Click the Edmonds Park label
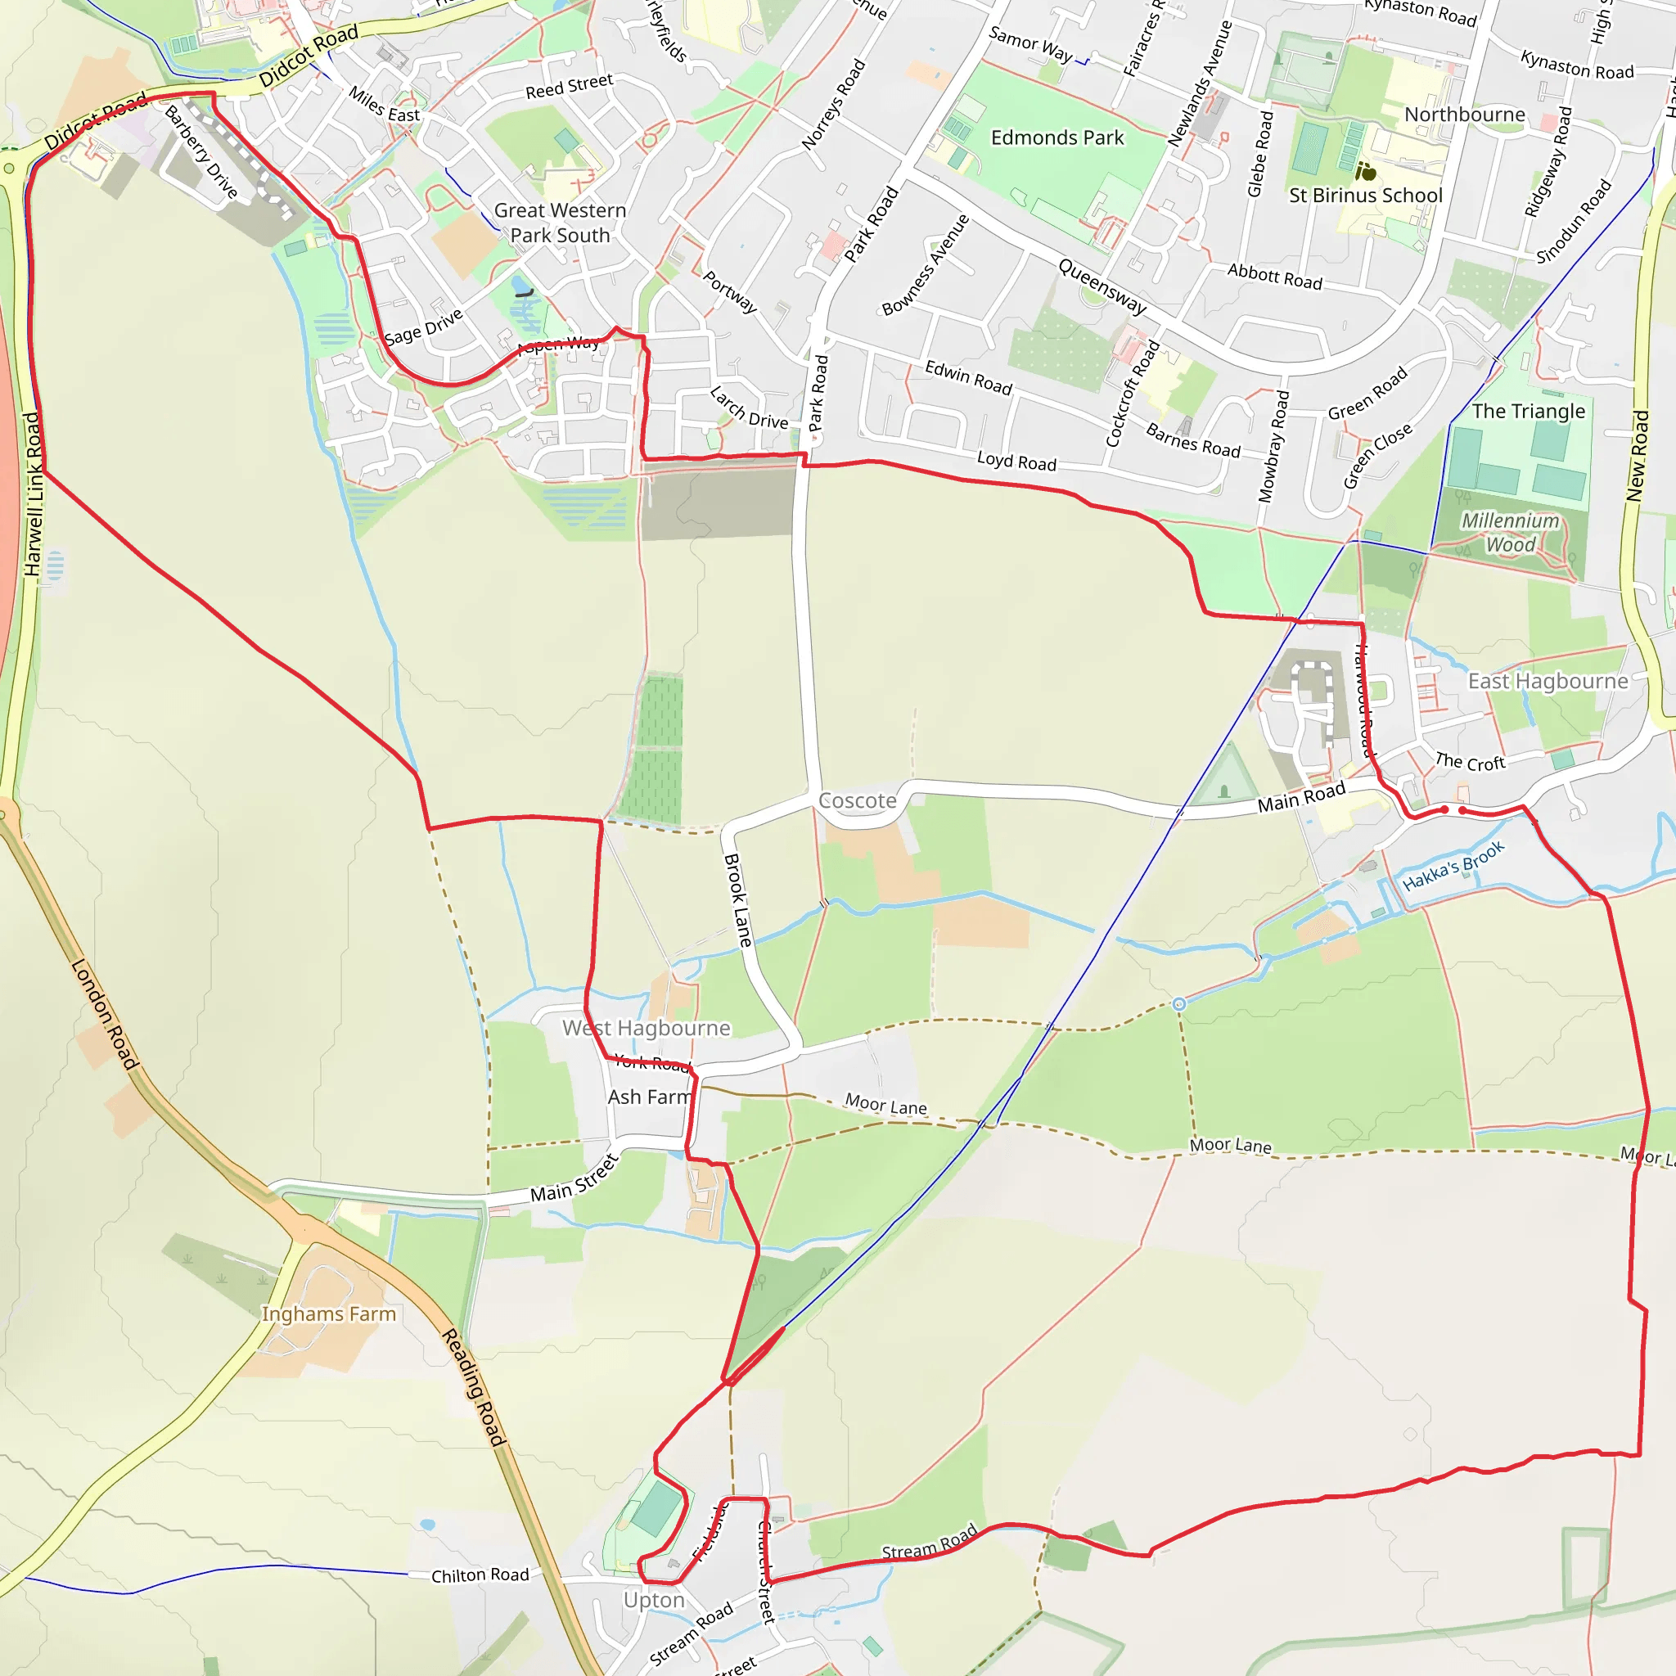(1057, 138)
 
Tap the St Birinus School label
(1366, 196)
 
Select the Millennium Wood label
(1511, 533)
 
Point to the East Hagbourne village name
(1548, 681)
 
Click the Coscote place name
(857, 800)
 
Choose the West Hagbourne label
(647, 1028)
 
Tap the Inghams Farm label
(329, 1314)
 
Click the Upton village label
(654, 1601)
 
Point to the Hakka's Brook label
(1453, 866)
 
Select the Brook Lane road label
(737, 900)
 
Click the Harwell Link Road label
(33, 493)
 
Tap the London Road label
(104, 1014)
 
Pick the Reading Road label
(474, 1387)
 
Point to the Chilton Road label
(480, 1575)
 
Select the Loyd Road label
(1016, 462)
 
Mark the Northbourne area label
(1464, 115)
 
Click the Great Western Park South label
(560, 223)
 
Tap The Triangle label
(1529, 411)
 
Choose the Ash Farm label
(650, 1097)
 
